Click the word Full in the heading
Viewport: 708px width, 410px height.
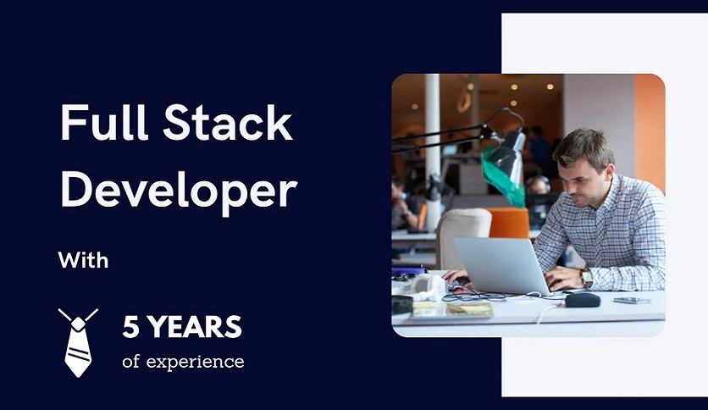pos(104,122)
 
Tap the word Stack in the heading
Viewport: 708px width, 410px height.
pos(228,122)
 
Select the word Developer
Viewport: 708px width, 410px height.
pos(179,191)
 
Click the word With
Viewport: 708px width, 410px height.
pos(84,260)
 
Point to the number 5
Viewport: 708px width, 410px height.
pos(130,327)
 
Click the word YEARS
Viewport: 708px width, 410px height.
pos(195,327)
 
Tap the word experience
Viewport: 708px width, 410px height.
pos(195,362)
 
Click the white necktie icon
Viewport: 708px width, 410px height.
pos(78,343)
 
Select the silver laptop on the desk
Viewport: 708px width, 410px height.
pos(502,265)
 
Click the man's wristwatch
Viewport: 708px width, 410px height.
pos(587,277)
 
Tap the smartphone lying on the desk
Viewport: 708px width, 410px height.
pos(632,300)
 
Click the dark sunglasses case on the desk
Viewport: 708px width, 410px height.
pos(583,299)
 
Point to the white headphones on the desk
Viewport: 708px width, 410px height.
pos(426,287)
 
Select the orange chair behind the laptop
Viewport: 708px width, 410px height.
pos(508,223)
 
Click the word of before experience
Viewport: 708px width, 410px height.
pos(130,361)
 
